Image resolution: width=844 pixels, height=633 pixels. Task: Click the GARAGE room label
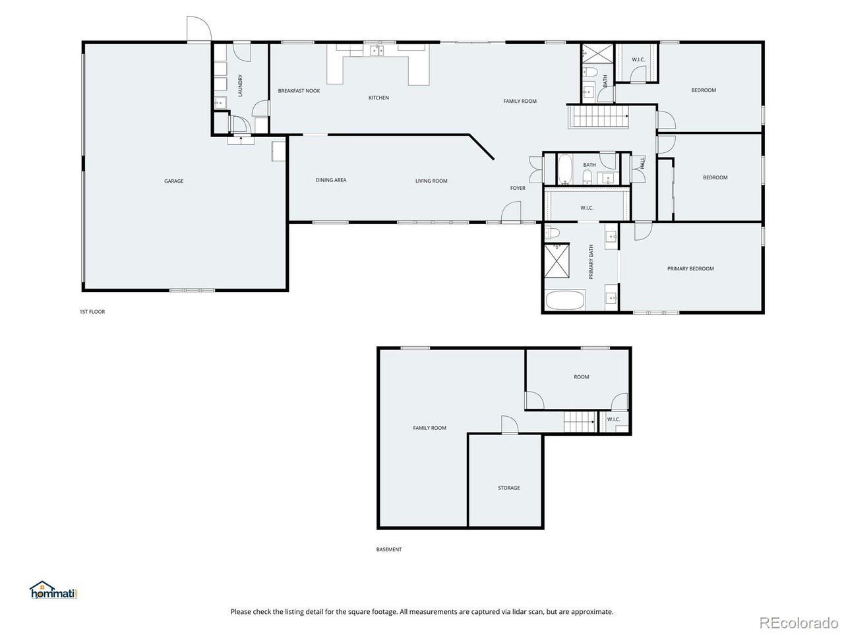(x=174, y=181)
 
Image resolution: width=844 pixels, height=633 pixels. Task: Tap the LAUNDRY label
(x=240, y=85)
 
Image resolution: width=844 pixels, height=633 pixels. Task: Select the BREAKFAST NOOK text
(x=299, y=91)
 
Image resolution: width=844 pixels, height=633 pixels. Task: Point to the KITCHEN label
(x=378, y=98)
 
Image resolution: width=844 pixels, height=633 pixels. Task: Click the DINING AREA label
(x=331, y=180)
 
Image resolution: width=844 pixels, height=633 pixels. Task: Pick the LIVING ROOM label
(x=431, y=181)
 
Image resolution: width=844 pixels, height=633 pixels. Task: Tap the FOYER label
(x=518, y=188)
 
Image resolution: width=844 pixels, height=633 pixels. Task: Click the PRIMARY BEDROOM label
(x=690, y=268)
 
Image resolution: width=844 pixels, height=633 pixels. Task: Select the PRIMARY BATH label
(x=591, y=262)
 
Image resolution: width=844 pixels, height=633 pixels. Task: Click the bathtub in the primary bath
(x=565, y=300)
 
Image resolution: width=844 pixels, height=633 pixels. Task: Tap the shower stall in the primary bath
(x=557, y=260)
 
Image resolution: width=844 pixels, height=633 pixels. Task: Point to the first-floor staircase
(x=598, y=116)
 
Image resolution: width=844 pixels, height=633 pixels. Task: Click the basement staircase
(x=580, y=421)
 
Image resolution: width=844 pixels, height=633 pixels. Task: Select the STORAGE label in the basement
(x=508, y=488)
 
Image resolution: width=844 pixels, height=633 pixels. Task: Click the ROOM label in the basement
(x=581, y=377)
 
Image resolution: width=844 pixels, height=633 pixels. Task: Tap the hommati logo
(x=53, y=589)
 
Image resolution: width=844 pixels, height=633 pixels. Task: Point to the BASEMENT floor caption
(x=389, y=549)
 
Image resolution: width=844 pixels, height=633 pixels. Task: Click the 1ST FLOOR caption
(x=92, y=312)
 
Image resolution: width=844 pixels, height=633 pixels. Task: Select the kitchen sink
(x=377, y=50)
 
